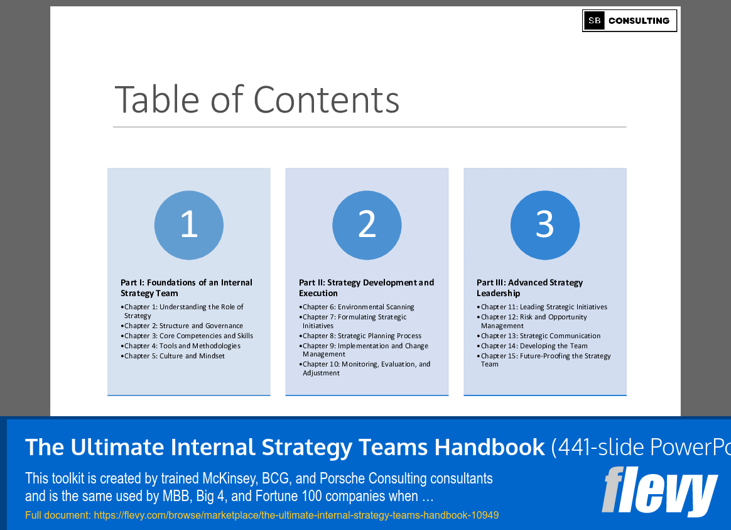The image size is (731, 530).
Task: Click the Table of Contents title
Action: coord(257,99)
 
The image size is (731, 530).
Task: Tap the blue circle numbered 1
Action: coord(189,225)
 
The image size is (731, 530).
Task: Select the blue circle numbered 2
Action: coord(367,225)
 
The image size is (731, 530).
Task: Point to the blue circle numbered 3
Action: coord(544,225)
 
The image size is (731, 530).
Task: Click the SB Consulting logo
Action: coord(629,21)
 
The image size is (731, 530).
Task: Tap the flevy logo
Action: coord(659,492)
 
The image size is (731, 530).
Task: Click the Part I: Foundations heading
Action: coord(187,288)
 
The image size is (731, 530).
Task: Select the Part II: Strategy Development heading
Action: coord(366,288)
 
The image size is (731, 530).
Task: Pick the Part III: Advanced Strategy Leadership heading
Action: coord(529,288)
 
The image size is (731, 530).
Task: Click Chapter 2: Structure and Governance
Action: coord(183,326)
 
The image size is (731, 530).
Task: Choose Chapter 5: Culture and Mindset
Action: coord(174,356)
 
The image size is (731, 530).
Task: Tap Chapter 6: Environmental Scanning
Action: coord(358,307)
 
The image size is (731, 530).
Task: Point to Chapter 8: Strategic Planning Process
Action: coord(362,336)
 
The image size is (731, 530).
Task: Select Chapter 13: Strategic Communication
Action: coord(540,336)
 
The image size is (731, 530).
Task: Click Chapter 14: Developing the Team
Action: coord(534,346)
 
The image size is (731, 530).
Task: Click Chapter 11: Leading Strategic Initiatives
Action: coord(544,307)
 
